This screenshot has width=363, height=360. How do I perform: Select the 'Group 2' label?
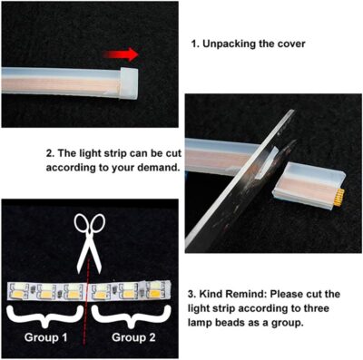click(x=133, y=336)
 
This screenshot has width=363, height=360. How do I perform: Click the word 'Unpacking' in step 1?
click(x=239, y=43)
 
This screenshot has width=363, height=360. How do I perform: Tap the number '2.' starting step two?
click(x=50, y=152)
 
